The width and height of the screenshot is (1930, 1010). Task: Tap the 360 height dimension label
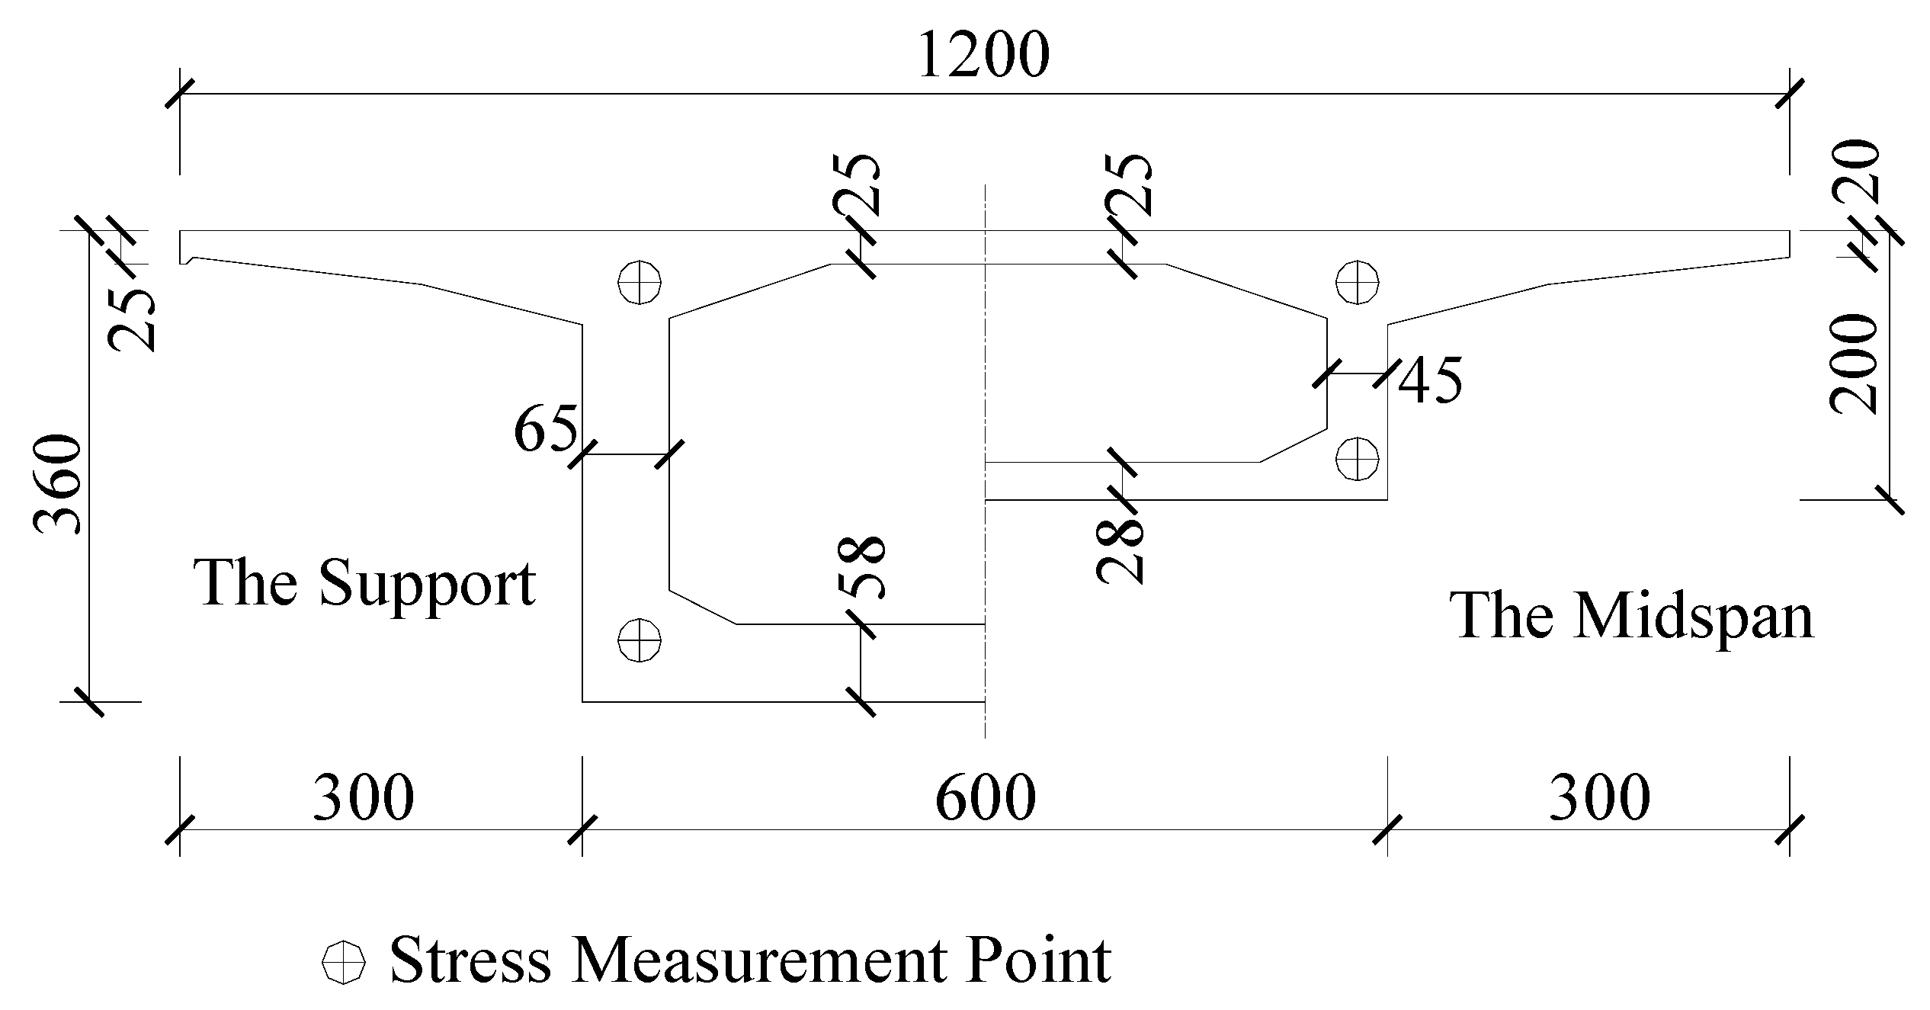coord(58,485)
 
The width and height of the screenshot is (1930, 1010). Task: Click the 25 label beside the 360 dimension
coord(133,320)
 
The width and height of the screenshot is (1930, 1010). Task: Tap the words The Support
coord(365,584)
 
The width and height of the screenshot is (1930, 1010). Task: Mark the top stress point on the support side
coord(640,282)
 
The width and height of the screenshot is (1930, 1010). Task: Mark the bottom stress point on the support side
coord(640,639)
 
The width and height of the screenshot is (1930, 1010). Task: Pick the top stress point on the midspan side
coord(1358,282)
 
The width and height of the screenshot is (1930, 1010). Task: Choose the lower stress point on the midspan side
coord(1358,458)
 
